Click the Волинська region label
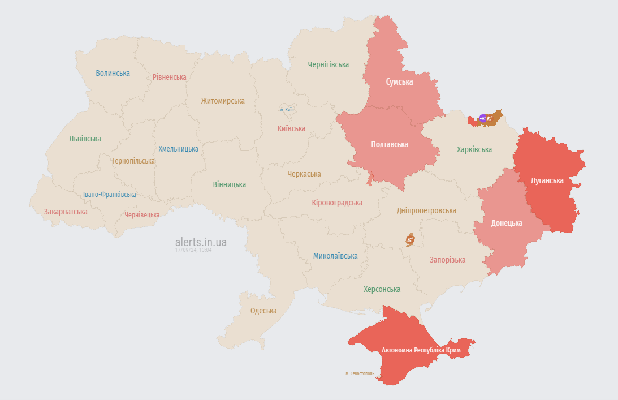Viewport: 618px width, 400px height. pyautogui.click(x=113, y=73)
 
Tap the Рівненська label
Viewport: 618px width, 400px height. pyautogui.click(x=169, y=77)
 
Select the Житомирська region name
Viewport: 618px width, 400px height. pyautogui.click(x=223, y=101)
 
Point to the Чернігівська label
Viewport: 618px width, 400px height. pyautogui.click(x=329, y=64)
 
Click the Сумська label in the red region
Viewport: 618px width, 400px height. pyautogui.click(x=399, y=82)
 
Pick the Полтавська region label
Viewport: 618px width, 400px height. pyautogui.click(x=390, y=144)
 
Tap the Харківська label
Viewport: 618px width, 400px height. pyautogui.click(x=474, y=149)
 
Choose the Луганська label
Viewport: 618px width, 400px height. pyautogui.click(x=547, y=180)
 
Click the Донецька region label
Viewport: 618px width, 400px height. pyautogui.click(x=507, y=223)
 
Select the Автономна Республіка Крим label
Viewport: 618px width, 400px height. pyautogui.click(x=421, y=350)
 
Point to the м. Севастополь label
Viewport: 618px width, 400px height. pyautogui.click(x=360, y=373)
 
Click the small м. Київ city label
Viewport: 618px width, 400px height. pyautogui.click(x=287, y=110)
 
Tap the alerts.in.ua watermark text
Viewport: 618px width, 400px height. pyautogui.click(x=201, y=242)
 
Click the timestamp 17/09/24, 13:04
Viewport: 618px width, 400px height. pyautogui.click(x=193, y=250)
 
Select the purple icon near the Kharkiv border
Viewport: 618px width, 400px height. pyautogui.click(x=482, y=118)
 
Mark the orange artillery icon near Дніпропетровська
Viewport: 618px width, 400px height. pyautogui.click(x=410, y=240)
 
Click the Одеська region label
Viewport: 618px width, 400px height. pyautogui.click(x=263, y=311)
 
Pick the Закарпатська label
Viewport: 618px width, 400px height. pyautogui.click(x=66, y=212)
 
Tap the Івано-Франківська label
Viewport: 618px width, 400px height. pyautogui.click(x=109, y=194)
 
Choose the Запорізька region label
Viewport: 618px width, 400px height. pyautogui.click(x=447, y=260)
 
